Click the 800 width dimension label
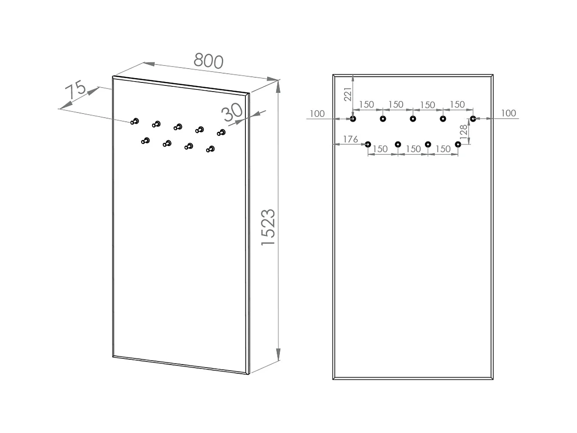click(x=209, y=61)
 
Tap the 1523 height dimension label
click(x=268, y=227)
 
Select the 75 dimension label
click(x=75, y=90)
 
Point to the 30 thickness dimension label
click(x=232, y=112)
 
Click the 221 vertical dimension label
click(x=348, y=94)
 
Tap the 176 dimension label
click(x=350, y=139)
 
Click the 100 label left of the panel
click(x=317, y=114)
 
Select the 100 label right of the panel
click(x=508, y=113)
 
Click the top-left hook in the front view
click(x=353, y=119)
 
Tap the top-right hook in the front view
click(x=473, y=119)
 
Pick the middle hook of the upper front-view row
click(x=413, y=119)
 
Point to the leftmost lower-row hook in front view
click(x=368, y=144)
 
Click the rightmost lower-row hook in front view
click(x=458, y=144)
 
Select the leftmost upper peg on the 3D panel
click(x=135, y=121)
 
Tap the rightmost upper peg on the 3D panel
click(x=222, y=132)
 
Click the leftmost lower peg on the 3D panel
click(x=146, y=140)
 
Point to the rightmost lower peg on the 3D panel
click(x=211, y=149)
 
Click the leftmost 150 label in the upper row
click(x=367, y=105)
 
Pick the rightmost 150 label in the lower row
click(x=443, y=149)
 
